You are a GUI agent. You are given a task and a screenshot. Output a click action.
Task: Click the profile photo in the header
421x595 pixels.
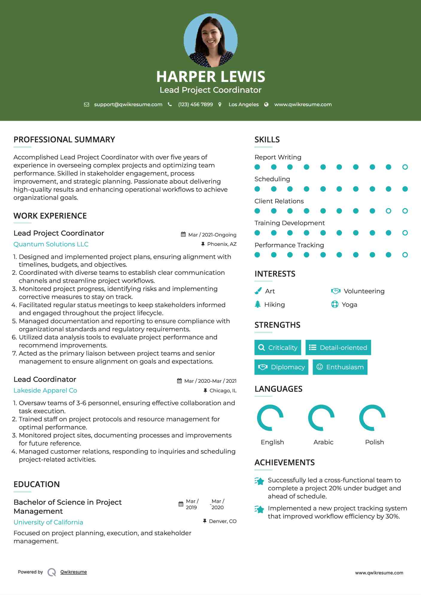click(x=210, y=40)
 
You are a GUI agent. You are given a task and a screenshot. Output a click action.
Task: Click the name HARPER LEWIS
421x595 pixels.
click(x=210, y=77)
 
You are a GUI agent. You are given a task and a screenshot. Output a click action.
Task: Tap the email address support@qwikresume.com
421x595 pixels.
click(x=128, y=104)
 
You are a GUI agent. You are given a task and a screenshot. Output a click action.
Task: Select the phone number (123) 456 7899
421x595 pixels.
click(x=195, y=104)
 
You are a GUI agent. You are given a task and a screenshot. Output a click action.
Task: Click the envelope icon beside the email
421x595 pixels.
click(x=86, y=105)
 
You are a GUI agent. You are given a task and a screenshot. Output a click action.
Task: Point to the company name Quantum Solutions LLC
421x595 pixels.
click(x=51, y=244)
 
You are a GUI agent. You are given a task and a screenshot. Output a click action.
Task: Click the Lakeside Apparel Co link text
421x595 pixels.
click(x=45, y=390)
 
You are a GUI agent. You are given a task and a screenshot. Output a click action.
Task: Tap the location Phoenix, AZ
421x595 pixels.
click(x=222, y=244)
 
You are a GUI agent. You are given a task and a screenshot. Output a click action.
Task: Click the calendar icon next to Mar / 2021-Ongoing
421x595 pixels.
click(x=183, y=234)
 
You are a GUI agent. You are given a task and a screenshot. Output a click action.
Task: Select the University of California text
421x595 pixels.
click(x=48, y=522)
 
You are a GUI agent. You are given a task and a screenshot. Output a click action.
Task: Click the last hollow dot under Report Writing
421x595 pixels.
click(x=405, y=167)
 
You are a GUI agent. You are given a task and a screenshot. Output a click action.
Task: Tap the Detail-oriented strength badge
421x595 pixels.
click(x=338, y=347)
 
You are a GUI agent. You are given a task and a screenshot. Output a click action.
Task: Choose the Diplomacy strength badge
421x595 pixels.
click(x=281, y=367)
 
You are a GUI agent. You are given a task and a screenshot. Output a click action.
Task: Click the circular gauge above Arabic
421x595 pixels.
click(x=321, y=418)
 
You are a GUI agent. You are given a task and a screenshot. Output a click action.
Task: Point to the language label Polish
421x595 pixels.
click(x=374, y=442)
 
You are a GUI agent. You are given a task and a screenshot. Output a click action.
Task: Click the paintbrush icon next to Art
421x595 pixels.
click(x=258, y=291)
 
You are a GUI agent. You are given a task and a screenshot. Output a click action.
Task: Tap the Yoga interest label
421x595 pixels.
click(x=349, y=304)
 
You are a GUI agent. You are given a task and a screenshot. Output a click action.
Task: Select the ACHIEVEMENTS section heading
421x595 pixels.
click(x=284, y=462)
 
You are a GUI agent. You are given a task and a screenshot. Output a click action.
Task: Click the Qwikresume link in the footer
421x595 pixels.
click(x=74, y=572)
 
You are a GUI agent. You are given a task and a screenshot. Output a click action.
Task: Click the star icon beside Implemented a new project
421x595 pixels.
click(x=259, y=509)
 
